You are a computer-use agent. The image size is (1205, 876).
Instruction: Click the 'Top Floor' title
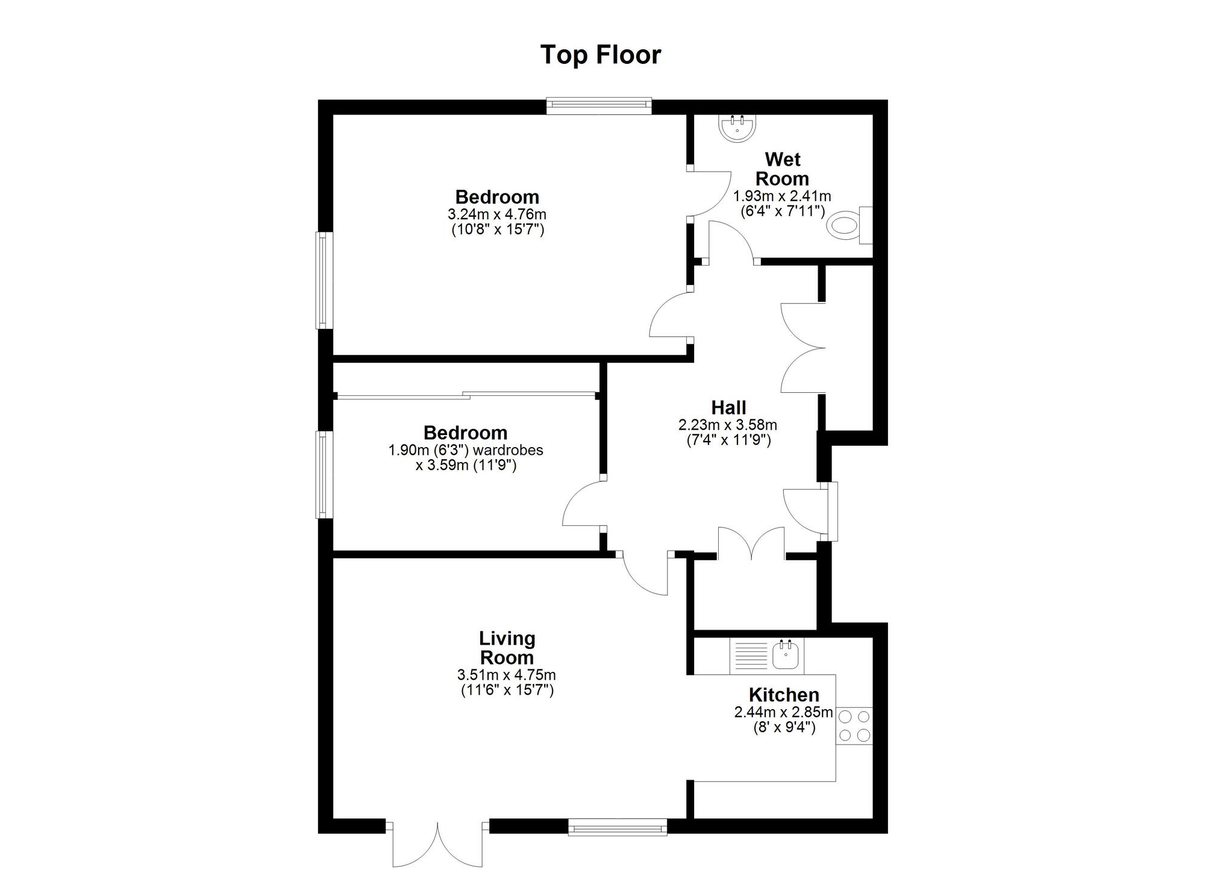coord(601,54)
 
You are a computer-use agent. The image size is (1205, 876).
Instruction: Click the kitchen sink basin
coord(786,656)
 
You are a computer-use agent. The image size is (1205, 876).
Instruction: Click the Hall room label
coord(728,407)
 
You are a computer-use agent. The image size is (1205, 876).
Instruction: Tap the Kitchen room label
coord(784,695)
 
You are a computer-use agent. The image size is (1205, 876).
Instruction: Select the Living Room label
coord(507,648)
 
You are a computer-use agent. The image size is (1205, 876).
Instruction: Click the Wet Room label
coord(782,169)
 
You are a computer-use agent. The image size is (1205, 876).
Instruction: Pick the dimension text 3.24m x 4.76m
coord(497,214)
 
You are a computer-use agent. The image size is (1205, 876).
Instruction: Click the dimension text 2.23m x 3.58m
coord(728,425)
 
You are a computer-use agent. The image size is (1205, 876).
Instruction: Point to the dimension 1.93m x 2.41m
coord(782,196)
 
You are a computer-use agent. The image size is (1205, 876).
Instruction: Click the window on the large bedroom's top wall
coord(599,107)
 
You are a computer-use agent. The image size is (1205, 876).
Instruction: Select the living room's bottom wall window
coord(618,827)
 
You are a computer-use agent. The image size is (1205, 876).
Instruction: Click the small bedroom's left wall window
coord(325,474)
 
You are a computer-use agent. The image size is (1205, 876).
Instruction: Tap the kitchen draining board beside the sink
coord(750,656)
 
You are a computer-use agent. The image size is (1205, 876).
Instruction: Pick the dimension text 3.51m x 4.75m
coord(507,675)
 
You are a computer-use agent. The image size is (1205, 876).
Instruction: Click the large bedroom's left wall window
coord(325,280)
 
